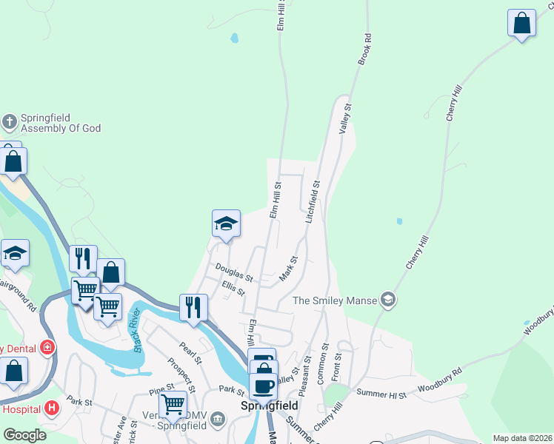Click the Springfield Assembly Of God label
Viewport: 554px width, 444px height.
pos(60,123)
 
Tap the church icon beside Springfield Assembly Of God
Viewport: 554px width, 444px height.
pos(10,121)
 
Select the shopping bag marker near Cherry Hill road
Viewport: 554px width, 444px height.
pos(521,23)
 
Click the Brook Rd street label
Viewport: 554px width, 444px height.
pos(364,49)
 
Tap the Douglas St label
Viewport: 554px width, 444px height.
pos(234,273)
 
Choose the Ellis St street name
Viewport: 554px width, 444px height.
pos(233,288)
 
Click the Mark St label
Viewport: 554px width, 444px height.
pos(288,269)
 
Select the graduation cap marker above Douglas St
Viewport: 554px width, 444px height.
pos(226,223)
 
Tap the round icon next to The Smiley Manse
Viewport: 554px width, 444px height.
pos(388,300)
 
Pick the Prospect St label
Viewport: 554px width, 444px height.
pos(181,374)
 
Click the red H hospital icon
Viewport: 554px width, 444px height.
pos(51,407)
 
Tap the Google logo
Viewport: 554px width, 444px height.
pos(24,435)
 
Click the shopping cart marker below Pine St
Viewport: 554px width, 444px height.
pos(173,404)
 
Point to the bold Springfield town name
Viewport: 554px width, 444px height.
pos(270,406)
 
